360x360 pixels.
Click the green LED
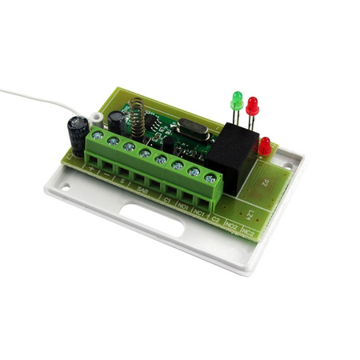pos(237,100)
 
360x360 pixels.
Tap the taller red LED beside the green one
pos(253,105)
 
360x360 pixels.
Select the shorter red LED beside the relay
pos(265,146)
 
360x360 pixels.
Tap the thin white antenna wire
pos(32,97)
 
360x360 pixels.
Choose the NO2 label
pos(233,226)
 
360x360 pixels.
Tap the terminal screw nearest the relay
pos(210,176)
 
